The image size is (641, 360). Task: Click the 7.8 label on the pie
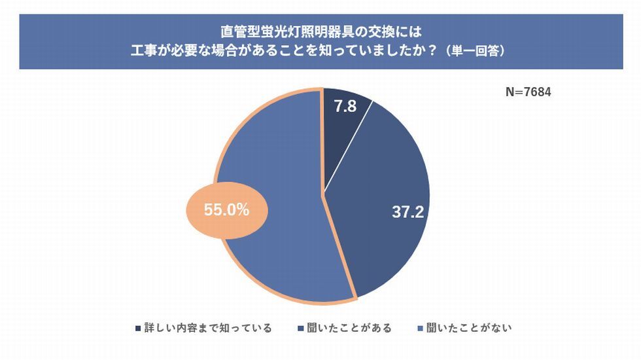(345, 106)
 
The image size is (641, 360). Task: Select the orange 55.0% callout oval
(226, 211)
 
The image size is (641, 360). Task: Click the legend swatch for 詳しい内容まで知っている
(137, 328)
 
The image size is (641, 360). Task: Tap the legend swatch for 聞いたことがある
(300, 328)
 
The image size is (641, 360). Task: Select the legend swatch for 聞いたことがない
(419, 328)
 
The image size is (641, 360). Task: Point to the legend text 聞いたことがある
(349, 328)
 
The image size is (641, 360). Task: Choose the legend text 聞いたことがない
(469, 328)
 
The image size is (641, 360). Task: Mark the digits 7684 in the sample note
(537, 92)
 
